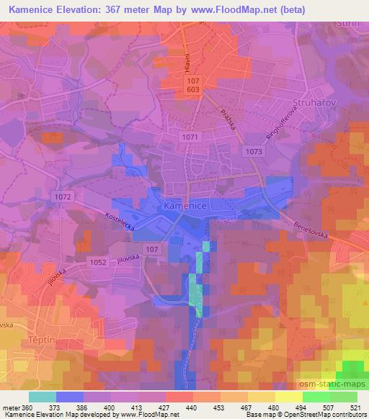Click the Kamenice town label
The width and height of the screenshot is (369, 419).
coord(187,206)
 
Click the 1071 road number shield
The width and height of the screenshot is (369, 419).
coord(190,136)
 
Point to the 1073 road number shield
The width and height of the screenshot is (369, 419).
coord(254,151)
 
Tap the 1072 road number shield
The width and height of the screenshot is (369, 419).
coord(61,195)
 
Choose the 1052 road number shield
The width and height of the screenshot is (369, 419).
coord(99,263)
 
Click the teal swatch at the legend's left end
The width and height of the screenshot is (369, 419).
coord(43,397)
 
